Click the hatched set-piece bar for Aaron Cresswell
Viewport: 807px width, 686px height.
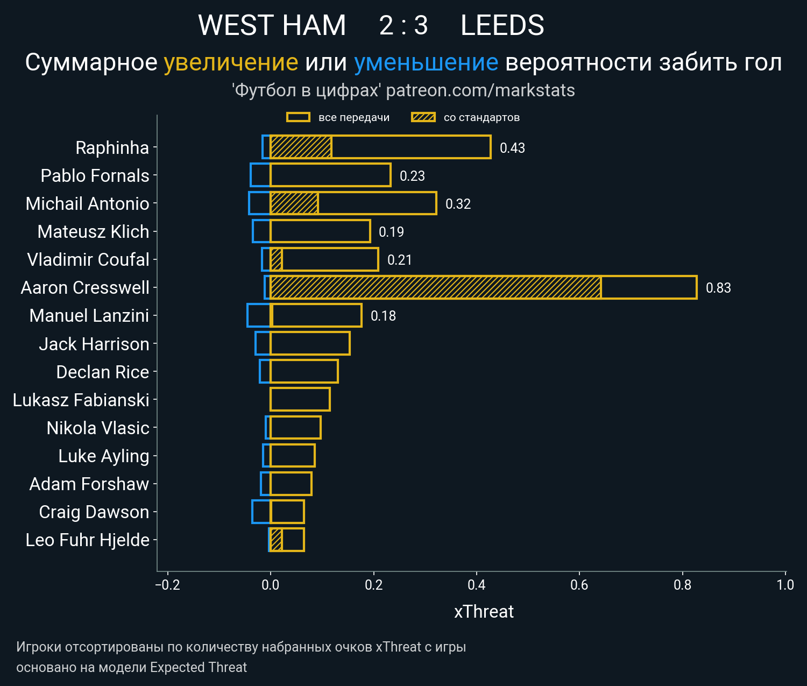[435, 287]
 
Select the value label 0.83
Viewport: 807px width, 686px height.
[718, 288]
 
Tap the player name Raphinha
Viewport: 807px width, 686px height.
[112, 147]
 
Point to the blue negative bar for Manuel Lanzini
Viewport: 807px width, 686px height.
[259, 315]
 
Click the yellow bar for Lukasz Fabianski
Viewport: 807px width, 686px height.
[300, 399]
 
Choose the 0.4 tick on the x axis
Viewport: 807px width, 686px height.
[476, 584]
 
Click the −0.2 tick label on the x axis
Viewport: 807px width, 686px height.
[167, 584]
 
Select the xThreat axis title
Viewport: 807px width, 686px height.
[484, 612]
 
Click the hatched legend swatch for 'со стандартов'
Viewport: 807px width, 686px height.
[423, 117]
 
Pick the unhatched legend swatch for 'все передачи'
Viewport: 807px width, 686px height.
[298, 117]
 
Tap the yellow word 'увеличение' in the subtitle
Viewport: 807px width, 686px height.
[231, 62]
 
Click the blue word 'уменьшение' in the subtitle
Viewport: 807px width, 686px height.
[426, 62]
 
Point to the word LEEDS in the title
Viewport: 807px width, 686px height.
[502, 25]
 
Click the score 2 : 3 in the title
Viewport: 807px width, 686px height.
[403, 25]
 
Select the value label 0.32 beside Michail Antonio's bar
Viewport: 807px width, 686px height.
[458, 204]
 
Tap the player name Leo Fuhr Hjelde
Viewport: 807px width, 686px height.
[87, 540]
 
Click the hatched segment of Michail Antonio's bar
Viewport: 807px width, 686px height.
[294, 203]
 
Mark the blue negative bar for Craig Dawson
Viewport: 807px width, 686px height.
[261, 512]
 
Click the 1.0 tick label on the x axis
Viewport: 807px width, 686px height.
[785, 584]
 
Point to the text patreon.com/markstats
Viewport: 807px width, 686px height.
[480, 90]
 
